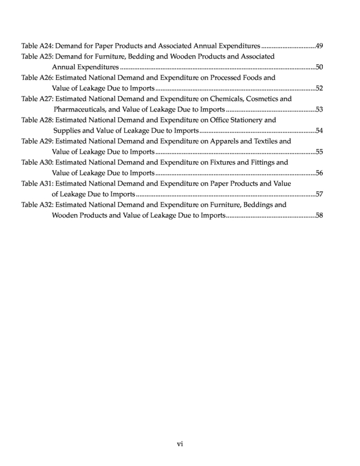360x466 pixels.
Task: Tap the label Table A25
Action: (37, 56)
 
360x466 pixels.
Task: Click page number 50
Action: (319, 67)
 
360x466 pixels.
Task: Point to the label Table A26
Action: (37, 78)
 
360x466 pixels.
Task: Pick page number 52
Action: (319, 88)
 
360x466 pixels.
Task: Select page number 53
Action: (319, 110)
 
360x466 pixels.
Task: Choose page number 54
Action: (319, 131)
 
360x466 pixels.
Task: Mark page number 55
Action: (319, 152)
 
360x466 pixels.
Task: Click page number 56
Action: (319, 173)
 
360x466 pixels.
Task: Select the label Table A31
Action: (37, 183)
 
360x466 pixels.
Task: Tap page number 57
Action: (319, 194)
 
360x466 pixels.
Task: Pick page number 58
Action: (319, 216)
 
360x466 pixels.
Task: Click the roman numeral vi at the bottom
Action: (180, 444)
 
